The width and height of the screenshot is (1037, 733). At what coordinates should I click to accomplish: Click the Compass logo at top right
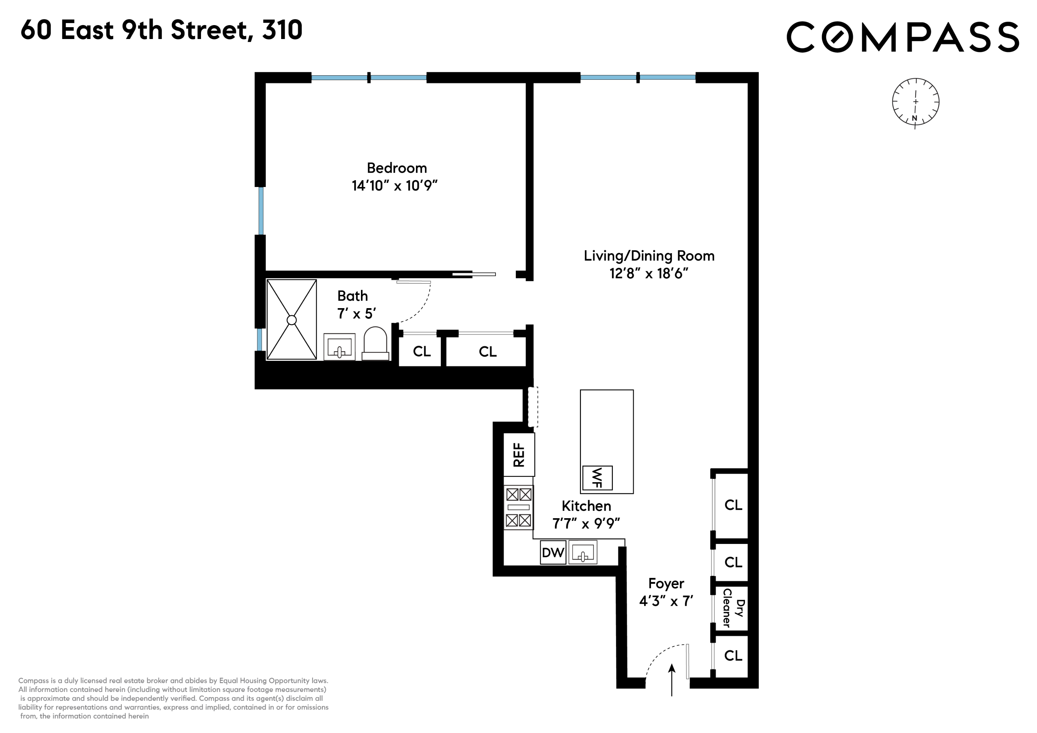pyautogui.click(x=903, y=37)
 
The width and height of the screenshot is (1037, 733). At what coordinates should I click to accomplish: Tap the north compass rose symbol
pyautogui.click(x=915, y=102)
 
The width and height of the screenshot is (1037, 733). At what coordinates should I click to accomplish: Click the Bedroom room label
pyautogui.click(x=397, y=168)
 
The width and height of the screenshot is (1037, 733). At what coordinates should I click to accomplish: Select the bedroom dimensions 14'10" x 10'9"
pyautogui.click(x=395, y=186)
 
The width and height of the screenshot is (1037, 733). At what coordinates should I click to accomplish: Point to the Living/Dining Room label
pyautogui.click(x=649, y=256)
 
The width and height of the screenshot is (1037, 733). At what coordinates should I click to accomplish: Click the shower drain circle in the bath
pyautogui.click(x=292, y=320)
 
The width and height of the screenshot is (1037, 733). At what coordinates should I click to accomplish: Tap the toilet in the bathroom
pyautogui.click(x=375, y=344)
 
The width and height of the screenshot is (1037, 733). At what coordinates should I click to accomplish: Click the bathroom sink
pyautogui.click(x=339, y=347)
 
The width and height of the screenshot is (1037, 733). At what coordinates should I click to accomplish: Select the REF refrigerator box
pyautogui.click(x=519, y=454)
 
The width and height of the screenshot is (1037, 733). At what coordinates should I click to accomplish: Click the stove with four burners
pyautogui.click(x=518, y=507)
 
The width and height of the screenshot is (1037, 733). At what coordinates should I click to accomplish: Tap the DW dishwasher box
pyautogui.click(x=553, y=552)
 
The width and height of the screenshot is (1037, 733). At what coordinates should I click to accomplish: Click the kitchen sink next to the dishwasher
pyautogui.click(x=583, y=552)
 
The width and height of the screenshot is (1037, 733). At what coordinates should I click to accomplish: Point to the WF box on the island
pyautogui.click(x=597, y=478)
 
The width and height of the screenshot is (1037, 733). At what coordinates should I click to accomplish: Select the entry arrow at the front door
pyautogui.click(x=672, y=679)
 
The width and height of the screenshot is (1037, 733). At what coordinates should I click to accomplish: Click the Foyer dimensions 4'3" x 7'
pyautogui.click(x=666, y=601)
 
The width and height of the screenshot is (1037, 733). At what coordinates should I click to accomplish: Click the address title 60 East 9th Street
pyautogui.click(x=161, y=30)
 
